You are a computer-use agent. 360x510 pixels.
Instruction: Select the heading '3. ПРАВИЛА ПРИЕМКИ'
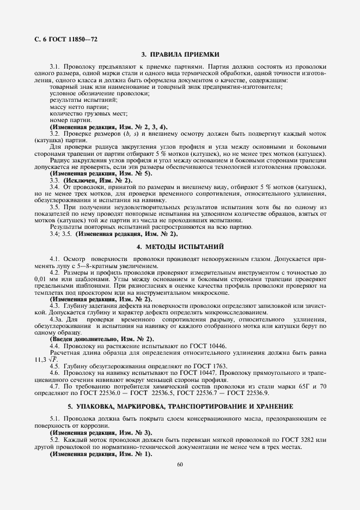[180, 54]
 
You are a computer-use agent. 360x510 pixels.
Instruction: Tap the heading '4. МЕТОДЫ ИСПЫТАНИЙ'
[180, 246]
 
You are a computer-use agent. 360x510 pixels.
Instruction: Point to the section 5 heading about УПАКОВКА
[180, 406]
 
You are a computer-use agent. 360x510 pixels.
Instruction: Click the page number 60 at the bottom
[180, 464]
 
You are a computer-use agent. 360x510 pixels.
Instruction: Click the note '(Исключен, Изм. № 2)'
[90, 180]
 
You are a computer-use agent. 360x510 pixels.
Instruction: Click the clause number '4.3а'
[57, 319]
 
